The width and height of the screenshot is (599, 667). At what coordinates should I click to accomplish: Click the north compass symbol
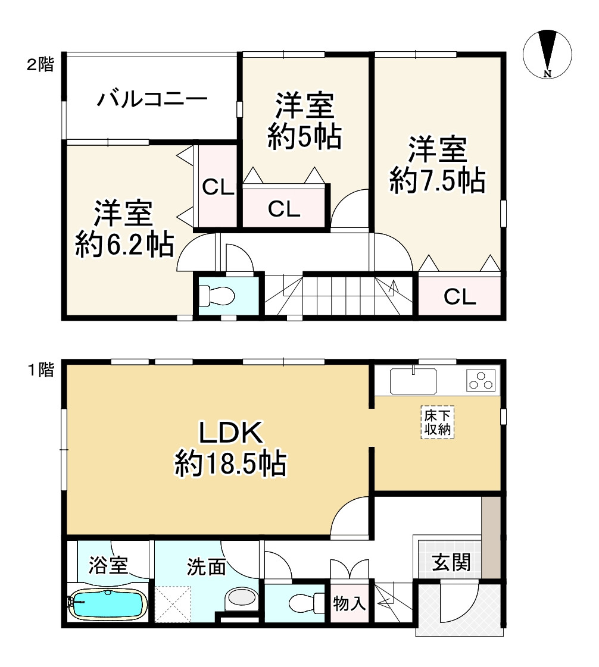[547, 54]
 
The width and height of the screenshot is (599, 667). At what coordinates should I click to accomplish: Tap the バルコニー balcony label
[152, 99]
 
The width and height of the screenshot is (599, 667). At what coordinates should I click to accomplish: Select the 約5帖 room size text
[305, 136]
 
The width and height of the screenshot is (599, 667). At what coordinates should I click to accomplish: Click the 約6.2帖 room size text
[124, 245]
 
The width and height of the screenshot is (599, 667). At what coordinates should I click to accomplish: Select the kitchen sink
[413, 381]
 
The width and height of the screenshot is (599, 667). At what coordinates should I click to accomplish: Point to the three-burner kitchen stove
[481, 381]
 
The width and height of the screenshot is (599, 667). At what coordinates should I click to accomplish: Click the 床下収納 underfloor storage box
[438, 422]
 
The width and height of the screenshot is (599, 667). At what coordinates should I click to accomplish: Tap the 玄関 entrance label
[451, 563]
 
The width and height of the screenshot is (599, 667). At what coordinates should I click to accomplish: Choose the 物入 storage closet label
[349, 603]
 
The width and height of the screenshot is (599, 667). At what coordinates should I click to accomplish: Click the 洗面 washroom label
[207, 566]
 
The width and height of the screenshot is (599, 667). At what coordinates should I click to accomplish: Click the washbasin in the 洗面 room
[242, 600]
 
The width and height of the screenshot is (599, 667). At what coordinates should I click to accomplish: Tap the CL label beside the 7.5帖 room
[460, 296]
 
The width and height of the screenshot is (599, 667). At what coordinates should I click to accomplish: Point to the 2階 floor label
[41, 65]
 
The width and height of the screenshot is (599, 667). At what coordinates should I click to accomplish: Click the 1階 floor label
[41, 369]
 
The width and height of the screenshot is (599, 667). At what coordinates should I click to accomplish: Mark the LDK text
[230, 433]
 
